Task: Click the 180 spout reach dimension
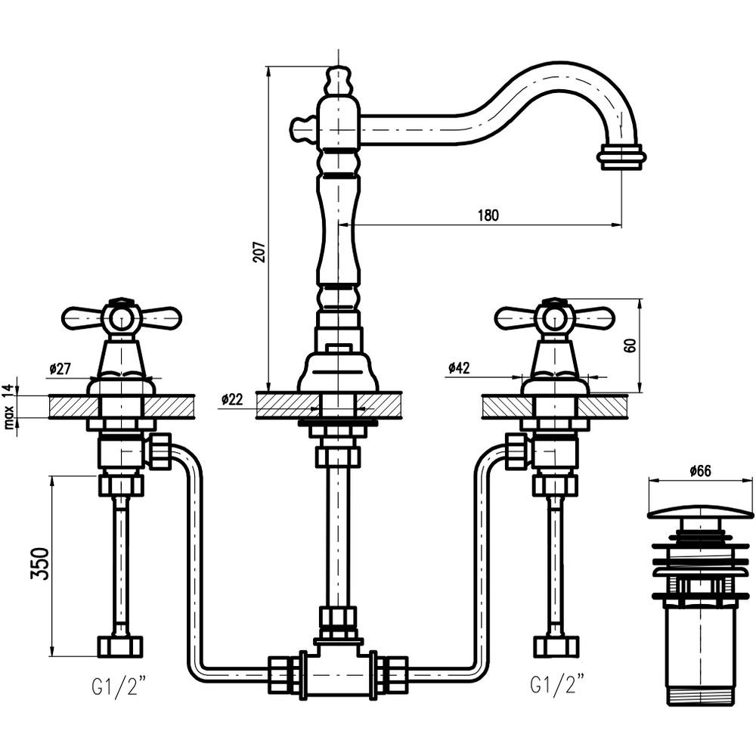tap(488, 215)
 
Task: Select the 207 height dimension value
tap(259, 251)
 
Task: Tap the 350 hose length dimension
tap(45, 563)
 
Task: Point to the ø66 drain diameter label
tap(700, 471)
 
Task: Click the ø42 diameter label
tap(458, 368)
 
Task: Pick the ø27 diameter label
tap(60, 368)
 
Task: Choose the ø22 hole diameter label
tap(233, 399)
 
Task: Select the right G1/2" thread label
tap(556, 687)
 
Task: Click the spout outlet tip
tap(621, 157)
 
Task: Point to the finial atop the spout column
tap(338, 79)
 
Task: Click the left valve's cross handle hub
tap(121, 320)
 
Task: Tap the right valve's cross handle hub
tap(554, 320)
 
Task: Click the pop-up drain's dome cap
tap(700, 512)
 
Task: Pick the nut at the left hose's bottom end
tap(119, 646)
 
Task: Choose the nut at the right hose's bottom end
tap(556, 646)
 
